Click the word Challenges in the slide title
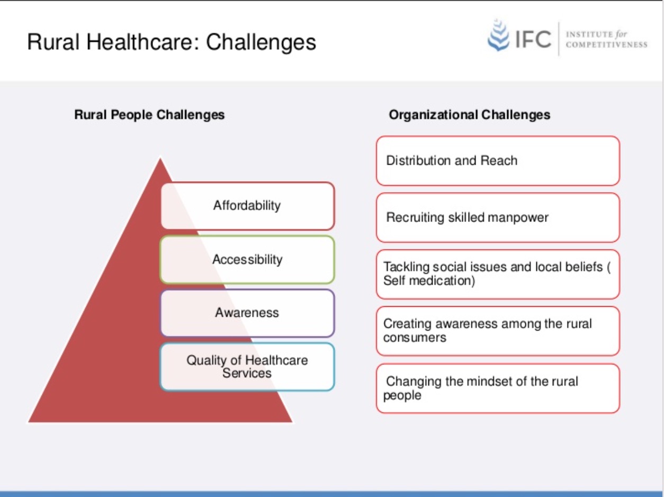coord(261,42)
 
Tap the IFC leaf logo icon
coord(498,35)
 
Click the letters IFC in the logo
coord(533,39)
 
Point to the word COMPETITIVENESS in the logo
coord(606,45)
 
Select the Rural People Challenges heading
coord(149,115)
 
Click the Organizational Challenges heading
coord(470,115)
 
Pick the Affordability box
coord(247,206)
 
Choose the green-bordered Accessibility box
coord(247,260)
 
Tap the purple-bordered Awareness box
coord(247,313)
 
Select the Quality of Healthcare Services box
coord(247,367)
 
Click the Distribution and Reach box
coord(498,161)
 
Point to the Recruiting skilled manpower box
coord(498,218)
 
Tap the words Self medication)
coord(429,281)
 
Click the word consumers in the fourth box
coord(415,338)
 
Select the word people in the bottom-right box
coord(402,395)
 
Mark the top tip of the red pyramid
coord(160,158)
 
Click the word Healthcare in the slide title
coord(143,42)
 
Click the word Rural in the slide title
coord(53,42)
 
